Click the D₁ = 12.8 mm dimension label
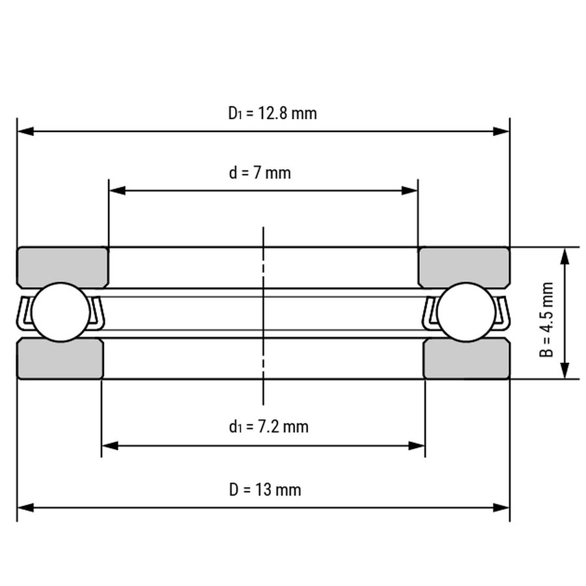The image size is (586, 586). coord(272,113)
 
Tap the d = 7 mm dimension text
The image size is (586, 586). coord(260,173)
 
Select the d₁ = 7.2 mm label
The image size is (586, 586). coord(269,426)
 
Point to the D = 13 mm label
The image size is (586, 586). coord(265,490)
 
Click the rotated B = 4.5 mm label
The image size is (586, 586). coord(546,320)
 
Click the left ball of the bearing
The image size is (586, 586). coord(61,312)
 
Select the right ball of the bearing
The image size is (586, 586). coord(466,312)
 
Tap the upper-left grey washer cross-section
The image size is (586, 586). coord(63,267)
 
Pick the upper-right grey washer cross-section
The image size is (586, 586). coord(464,267)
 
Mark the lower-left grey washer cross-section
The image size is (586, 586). coord(60,358)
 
